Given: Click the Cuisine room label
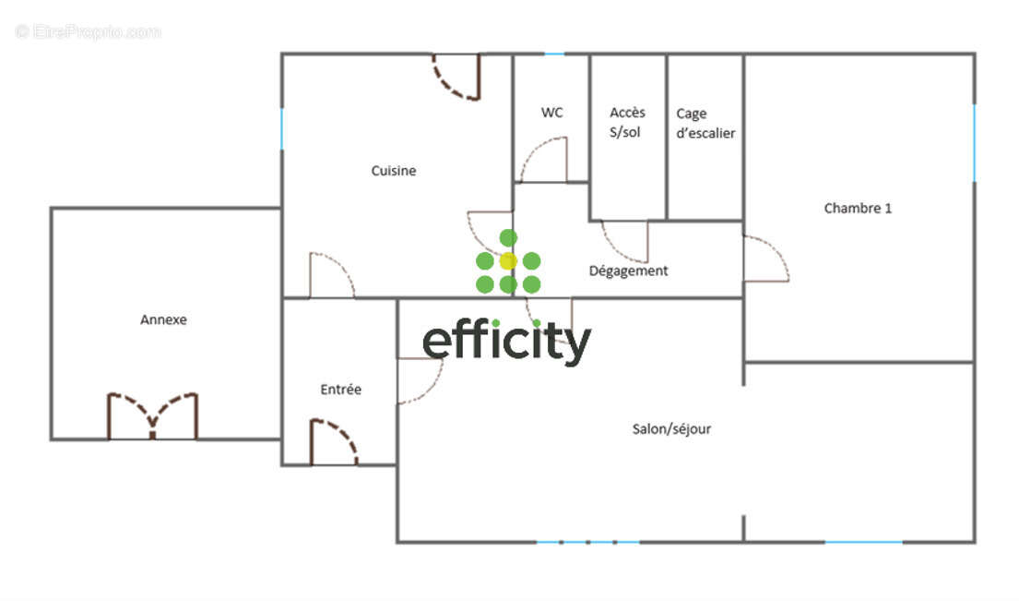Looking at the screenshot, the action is (393, 171).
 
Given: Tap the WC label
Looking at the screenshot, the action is (551, 113).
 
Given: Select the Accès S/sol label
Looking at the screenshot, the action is (626, 122).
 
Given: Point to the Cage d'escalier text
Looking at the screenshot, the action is (705, 123).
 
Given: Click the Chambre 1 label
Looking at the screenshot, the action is (858, 208).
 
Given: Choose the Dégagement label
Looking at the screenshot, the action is (628, 270).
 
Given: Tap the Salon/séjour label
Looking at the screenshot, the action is (671, 428).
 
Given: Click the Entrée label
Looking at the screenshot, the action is (340, 389).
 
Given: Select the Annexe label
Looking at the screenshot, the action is (163, 319).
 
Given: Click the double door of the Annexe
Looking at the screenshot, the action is (153, 416).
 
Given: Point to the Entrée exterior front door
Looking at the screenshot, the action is (334, 442).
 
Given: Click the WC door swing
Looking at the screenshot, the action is (543, 159).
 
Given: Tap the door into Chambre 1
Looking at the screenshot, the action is (766, 258).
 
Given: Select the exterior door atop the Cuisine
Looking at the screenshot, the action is (456, 77).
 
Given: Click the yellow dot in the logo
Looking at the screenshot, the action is (508, 261).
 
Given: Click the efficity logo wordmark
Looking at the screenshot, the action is (506, 342).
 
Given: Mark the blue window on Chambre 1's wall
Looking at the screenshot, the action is (974, 143).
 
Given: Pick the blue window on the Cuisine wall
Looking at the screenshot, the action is (281, 129).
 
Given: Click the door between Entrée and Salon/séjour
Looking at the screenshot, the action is (420, 380).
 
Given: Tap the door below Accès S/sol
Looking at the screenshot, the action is (624, 241).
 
